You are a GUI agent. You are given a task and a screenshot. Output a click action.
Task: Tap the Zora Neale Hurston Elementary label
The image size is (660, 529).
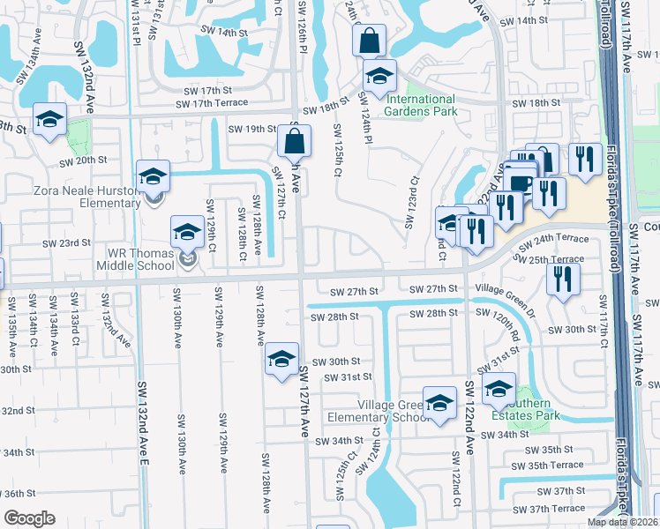click(x=86, y=197)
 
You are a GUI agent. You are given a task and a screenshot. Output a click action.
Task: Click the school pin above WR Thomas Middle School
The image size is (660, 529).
click(x=187, y=232)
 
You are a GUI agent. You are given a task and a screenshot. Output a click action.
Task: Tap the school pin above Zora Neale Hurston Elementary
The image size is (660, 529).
click(x=153, y=176)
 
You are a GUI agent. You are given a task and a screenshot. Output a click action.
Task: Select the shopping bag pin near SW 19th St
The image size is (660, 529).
click(x=295, y=140)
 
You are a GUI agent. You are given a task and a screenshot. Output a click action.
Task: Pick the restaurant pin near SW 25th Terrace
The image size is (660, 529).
click(x=562, y=279)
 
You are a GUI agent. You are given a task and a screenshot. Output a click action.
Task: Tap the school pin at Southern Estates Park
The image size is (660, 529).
click(x=499, y=387)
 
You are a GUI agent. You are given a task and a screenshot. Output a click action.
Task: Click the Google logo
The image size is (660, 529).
click(x=29, y=518)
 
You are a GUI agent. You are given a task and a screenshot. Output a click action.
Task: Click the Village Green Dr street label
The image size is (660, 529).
click(x=505, y=295)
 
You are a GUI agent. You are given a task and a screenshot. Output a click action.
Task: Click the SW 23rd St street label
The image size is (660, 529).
click(x=68, y=242)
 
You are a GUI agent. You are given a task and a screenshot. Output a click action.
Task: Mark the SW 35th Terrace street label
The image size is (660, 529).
click(x=554, y=465)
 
